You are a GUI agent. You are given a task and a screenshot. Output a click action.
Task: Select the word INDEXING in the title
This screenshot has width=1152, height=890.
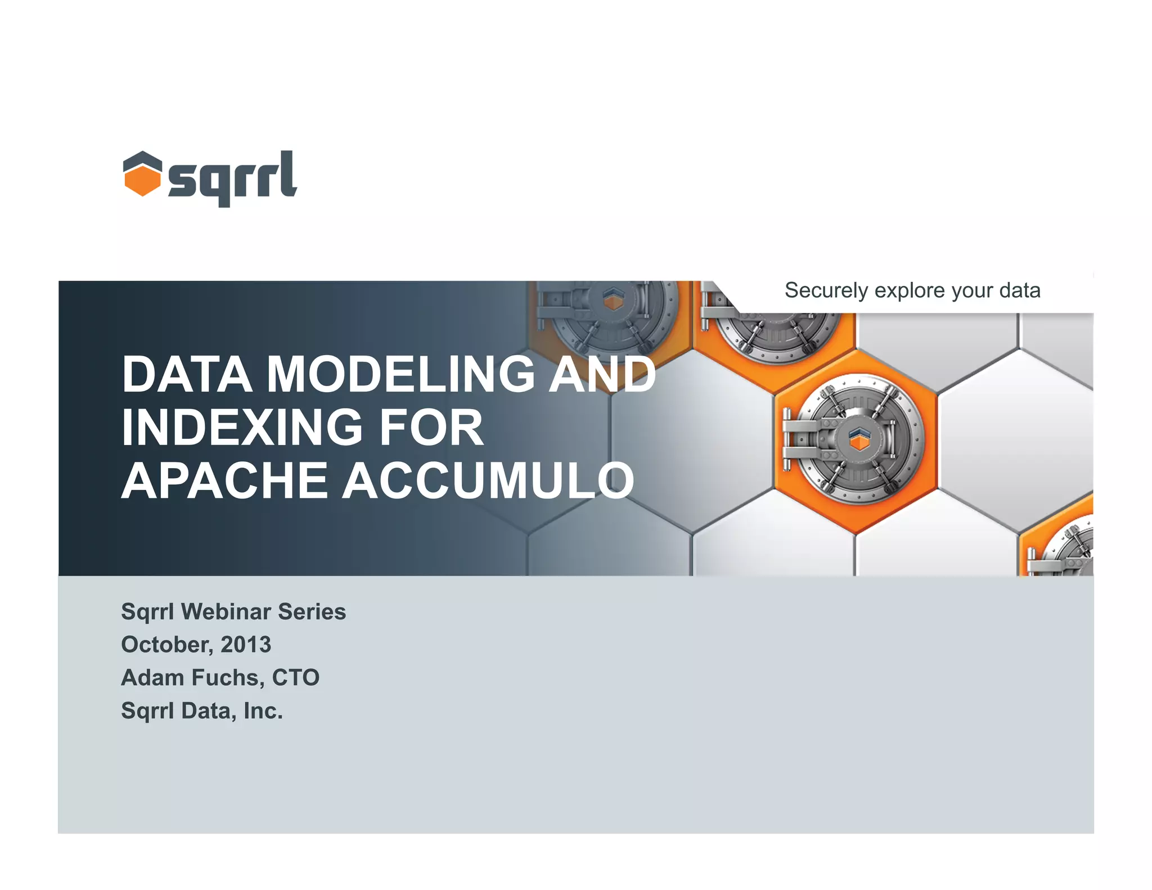[241, 428]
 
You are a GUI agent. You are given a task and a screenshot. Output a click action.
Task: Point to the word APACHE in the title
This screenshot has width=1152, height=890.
[224, 480]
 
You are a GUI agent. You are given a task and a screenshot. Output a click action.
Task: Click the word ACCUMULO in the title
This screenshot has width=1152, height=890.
[488, 480]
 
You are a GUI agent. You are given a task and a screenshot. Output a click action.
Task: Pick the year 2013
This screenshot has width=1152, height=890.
[246, 645]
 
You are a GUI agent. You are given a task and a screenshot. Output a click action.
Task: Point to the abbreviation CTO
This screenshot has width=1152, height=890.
[296, 678]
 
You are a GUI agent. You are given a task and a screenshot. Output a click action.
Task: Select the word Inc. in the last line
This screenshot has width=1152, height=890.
[263, 711]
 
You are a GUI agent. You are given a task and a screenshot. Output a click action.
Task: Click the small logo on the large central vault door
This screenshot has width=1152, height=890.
[859, 438]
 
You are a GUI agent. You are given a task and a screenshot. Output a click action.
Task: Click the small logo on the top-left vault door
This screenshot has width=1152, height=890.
[613, 299]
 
